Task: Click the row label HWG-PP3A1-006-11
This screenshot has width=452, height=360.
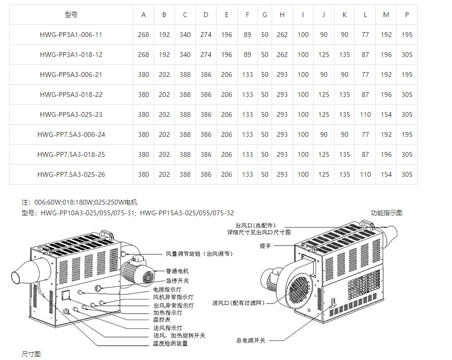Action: tap(71, 35)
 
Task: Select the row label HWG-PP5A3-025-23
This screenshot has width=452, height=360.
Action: tap(71, 115)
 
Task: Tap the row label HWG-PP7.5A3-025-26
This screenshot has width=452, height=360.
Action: tap(71, 175)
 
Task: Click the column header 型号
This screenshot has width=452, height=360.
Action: tap(71, 15)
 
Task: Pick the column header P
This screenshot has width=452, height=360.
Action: tap(407, 15)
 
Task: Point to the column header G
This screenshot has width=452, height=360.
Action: tap(265, 15)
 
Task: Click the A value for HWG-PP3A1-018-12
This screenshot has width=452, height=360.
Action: tap(143, 55)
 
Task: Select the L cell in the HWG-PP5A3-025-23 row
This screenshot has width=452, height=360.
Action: tap(365, 115)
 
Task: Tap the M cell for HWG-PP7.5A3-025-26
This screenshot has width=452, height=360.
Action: tap(386, 175)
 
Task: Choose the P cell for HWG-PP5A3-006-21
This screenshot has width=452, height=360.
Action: tap(407, 75)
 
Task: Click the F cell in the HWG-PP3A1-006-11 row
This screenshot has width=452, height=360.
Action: tap(247, 35)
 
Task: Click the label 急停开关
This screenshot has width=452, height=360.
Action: tap(177, 280)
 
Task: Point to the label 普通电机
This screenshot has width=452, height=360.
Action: tap(177, 271)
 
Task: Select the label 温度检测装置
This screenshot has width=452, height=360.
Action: tap(170, 343)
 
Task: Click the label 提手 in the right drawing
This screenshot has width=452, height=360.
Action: tap(265, 246)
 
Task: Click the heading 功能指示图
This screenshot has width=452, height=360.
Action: tap(387, 213)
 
